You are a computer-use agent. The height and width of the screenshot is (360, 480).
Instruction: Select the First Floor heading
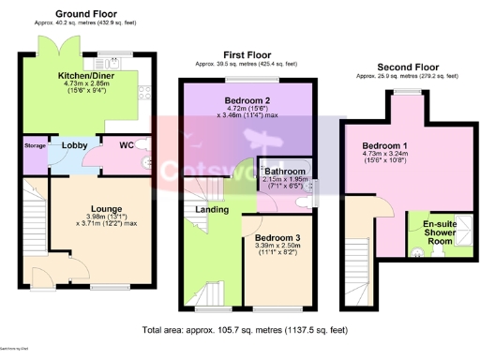coord(246,55)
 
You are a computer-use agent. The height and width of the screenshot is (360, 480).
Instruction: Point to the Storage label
coord(35,146)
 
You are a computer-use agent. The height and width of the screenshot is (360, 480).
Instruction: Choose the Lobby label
coord(74,145)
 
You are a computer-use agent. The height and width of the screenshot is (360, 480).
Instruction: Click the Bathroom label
coord(284,172)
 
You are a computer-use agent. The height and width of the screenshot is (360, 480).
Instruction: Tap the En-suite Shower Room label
coord(440,232)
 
